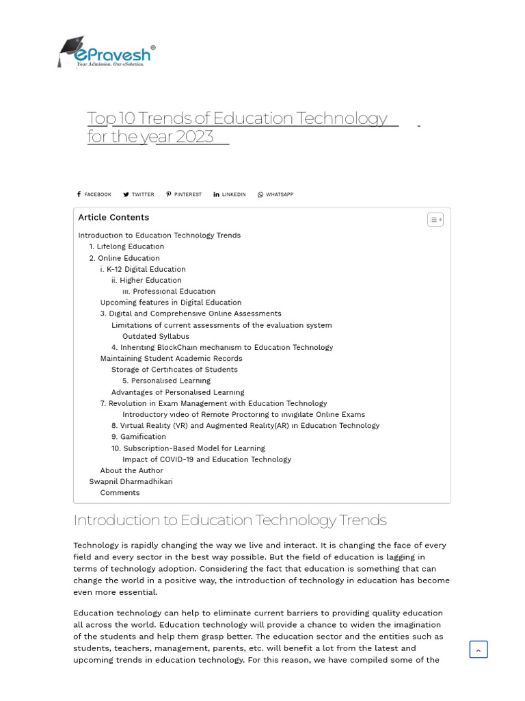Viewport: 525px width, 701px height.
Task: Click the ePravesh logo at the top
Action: [106, 52]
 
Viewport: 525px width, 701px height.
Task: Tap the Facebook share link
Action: [94, 194]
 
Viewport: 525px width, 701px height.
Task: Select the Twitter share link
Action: [139, 194]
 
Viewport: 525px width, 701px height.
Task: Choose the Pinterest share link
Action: [184, 194]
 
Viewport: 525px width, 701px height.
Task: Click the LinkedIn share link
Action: [230, 194]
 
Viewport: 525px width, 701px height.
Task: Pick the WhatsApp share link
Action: [275, 194]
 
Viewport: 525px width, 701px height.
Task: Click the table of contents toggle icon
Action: [435, 220]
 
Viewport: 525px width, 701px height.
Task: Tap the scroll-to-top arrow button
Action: [479, 650]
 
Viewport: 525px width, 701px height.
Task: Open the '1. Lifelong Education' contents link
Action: [126, 246]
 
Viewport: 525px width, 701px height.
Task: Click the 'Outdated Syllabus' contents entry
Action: [156, 336]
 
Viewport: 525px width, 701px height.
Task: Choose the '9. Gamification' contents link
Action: [139, 437]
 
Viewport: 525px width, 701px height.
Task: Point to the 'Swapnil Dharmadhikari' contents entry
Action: [131, 481]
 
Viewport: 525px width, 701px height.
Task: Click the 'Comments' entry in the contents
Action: [120, 492]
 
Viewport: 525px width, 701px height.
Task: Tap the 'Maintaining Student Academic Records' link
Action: [171, 358]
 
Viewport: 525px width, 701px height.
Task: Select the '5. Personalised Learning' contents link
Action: [166, 381]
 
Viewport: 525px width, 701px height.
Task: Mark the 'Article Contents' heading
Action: [113, 218]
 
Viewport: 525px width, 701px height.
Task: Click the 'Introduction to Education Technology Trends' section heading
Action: [230, 520]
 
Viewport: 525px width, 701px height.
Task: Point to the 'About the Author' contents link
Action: [131, 470]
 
